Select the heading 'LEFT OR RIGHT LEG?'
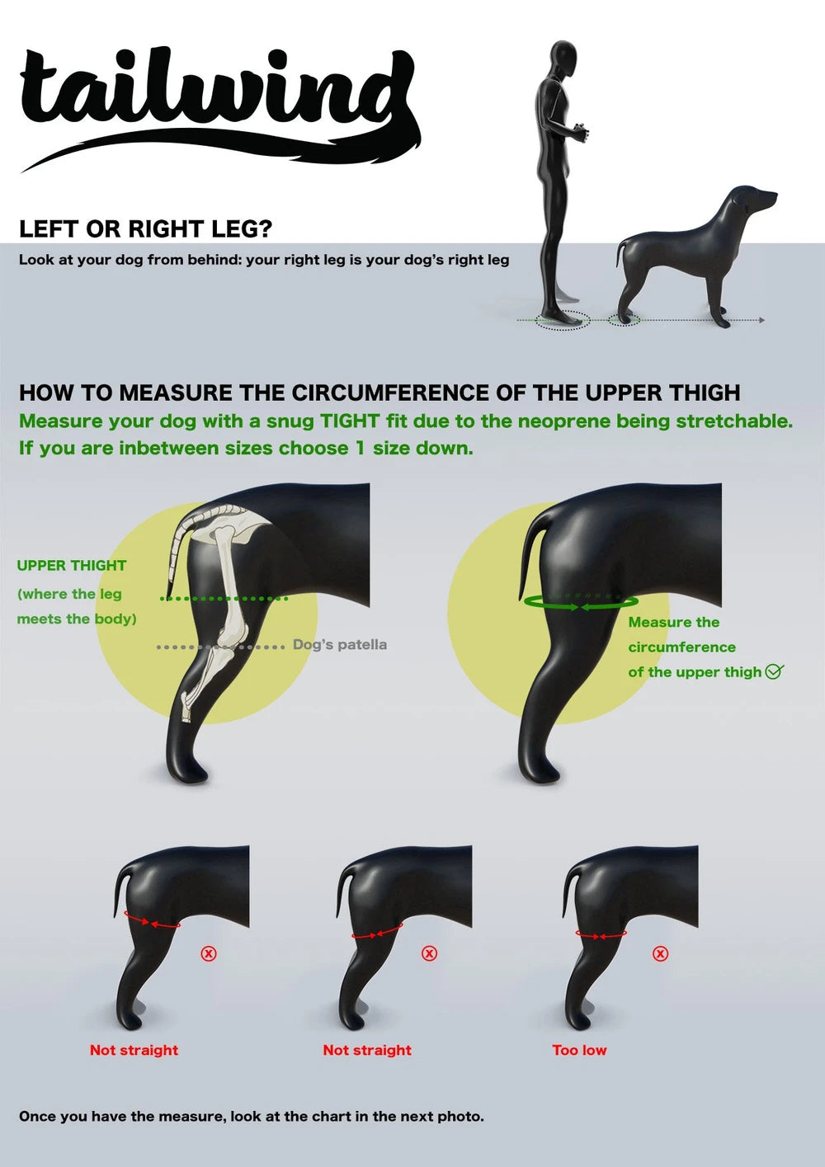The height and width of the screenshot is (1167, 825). click(145, 228)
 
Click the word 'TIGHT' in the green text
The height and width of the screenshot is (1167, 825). click(349, 421)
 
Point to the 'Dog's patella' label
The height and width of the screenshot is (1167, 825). click(340, 644)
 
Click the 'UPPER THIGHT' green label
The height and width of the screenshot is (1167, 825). click(72, 565)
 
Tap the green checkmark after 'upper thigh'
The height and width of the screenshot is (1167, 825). click(775, 671)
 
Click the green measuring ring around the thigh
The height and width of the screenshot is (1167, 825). click(581, 607)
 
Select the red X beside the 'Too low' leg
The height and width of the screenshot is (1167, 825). click(660, 953)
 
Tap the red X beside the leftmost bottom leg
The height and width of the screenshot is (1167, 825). click(209, 953)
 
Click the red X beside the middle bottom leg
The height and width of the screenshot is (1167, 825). click(430, 953)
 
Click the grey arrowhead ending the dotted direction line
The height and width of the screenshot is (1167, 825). click(761, 320)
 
